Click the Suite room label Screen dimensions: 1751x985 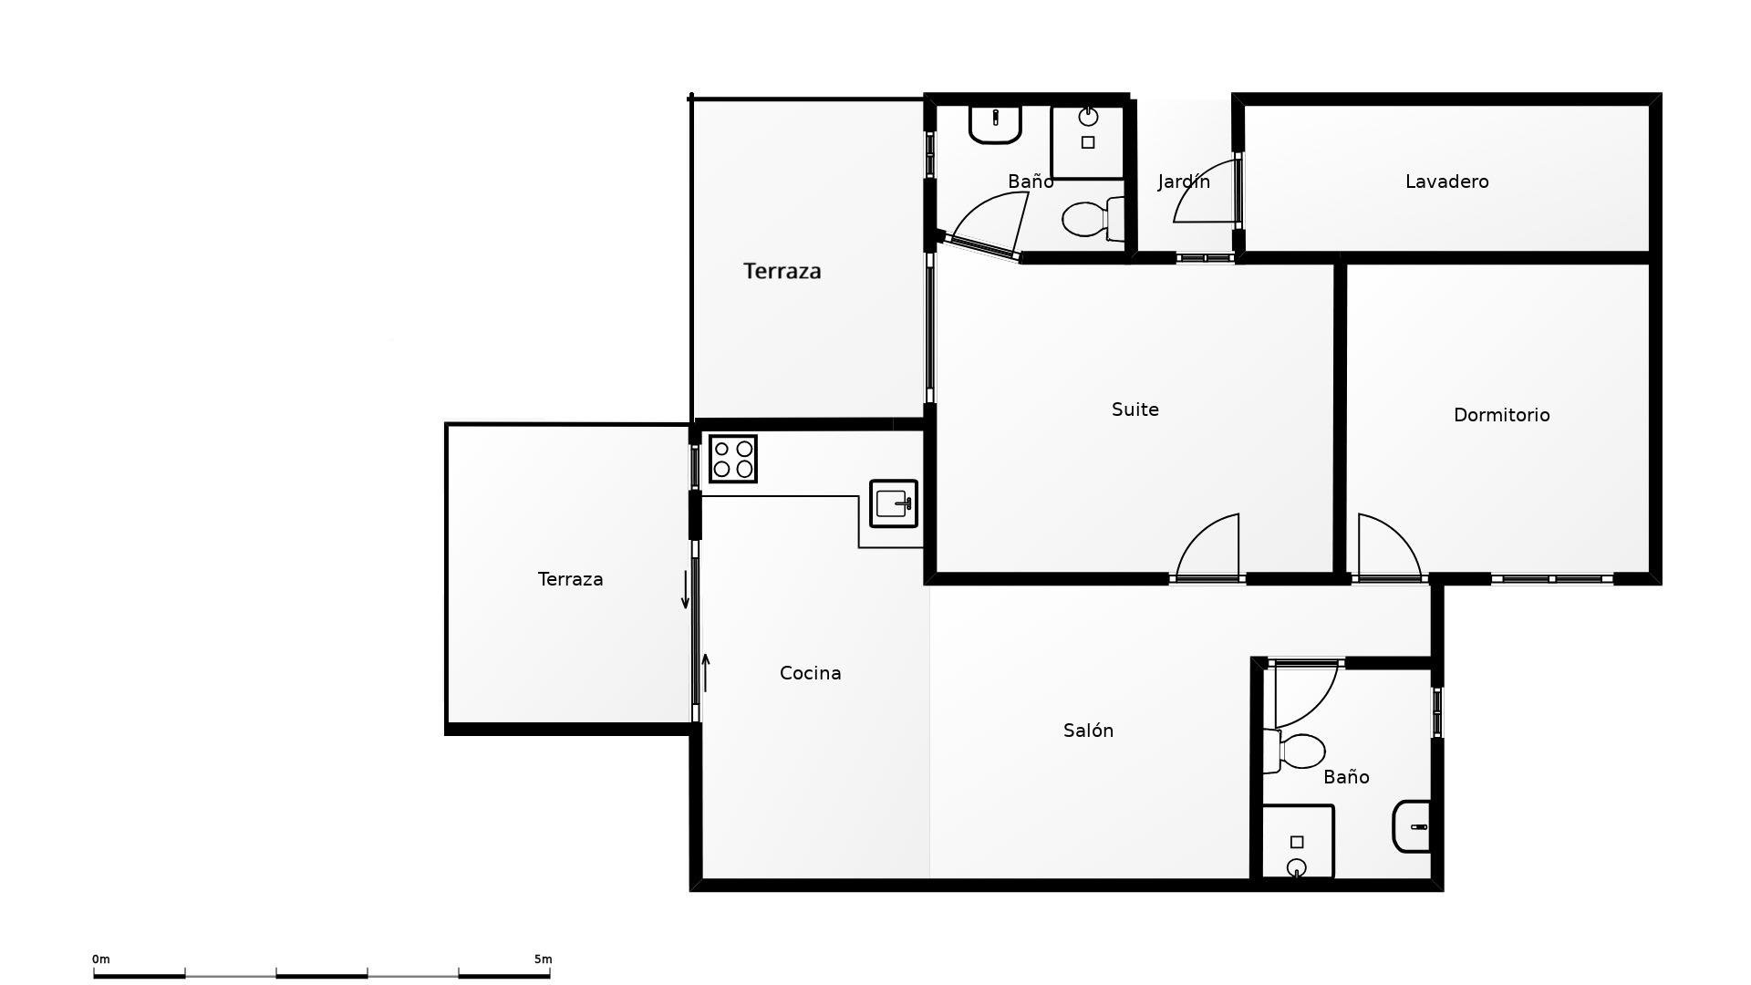point(1135,410)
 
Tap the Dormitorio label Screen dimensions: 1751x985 point(1501,415)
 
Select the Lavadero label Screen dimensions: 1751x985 point(1446,181)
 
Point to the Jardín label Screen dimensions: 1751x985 point(1184,181)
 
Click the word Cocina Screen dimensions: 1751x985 point(810,673)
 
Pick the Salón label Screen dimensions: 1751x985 point(1088,731)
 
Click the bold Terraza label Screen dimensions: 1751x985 point(782,271)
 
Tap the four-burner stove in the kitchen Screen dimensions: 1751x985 point(733,459)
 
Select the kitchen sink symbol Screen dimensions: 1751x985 point(894,503)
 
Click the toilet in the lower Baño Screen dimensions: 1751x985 point(1294,752)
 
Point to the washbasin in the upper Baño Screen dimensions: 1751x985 point(995,124)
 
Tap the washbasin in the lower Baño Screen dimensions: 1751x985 point(1412,826)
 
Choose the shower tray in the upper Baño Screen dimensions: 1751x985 point(1088,141)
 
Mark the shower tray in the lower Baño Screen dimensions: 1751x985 point(1298,842)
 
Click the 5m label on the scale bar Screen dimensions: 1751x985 point(543,959)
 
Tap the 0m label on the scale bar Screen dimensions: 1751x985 point(100,959)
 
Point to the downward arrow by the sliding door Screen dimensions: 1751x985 point(686,589)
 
